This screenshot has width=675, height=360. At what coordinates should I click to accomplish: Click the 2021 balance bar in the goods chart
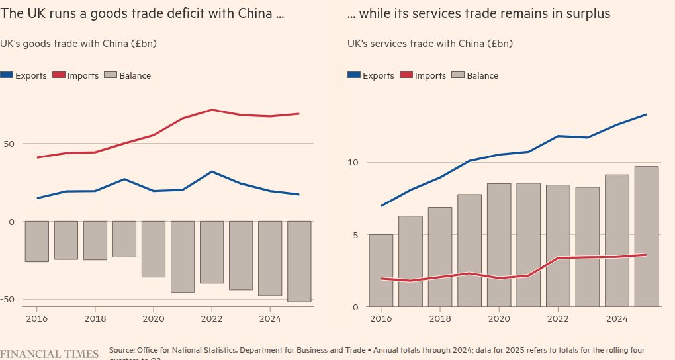pos(183,257)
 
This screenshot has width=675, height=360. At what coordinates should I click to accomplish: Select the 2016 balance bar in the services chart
pos(381,270)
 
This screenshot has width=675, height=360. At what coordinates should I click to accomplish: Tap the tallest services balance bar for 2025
pos(647,236)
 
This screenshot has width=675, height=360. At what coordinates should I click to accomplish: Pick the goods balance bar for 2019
pos(124,239)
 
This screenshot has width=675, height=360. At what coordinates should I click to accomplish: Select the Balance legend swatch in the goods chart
pos(110,75)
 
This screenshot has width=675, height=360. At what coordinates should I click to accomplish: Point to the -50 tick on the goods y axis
pos(8,299)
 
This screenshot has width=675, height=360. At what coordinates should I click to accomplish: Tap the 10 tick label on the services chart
pos(353,163)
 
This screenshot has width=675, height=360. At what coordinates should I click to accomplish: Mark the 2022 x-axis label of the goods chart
pos(212,318)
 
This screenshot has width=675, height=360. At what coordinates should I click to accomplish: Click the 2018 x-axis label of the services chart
pos(440,318)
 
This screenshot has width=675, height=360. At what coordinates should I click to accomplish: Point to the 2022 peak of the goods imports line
pos(212,110)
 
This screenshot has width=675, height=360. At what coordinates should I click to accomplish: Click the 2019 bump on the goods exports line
pos(124,179)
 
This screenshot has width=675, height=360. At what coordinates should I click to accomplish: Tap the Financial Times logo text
pos(49,353)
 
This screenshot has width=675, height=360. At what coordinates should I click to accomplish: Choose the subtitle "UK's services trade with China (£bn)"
pos(429,44)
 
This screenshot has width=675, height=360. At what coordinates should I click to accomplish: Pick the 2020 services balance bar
pos(499,245)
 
